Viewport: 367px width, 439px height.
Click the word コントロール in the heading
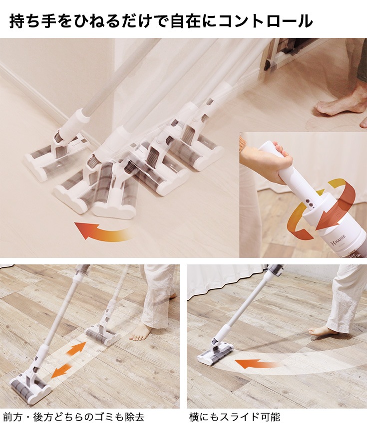(x=266, y=21)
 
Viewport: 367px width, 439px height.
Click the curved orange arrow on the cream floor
(x=102, y=230)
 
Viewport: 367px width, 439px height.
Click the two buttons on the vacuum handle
(x=310, y=204)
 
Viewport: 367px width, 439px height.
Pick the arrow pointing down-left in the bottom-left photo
(x=61, y=370)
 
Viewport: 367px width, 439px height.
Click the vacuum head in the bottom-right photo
(x=215, y=353)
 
